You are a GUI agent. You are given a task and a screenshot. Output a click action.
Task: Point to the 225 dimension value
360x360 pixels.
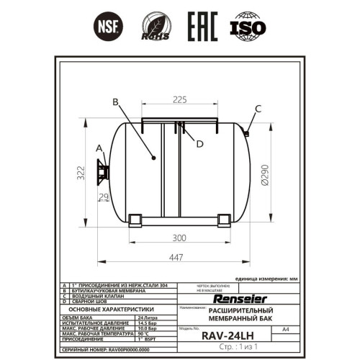pyautogui.click(x=179, y=99)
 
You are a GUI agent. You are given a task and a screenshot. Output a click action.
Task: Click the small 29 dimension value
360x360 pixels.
pyautogui.click(x=102, y=197)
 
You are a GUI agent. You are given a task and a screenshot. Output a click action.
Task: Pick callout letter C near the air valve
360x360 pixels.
pyautogui.click(x=258, y=109)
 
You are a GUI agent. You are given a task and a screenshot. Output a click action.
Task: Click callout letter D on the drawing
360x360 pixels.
pyautogui.click(x=199, y=143)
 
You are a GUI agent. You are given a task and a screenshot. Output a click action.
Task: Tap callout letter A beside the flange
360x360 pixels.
pyautogui.click(x=99, y=148)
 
